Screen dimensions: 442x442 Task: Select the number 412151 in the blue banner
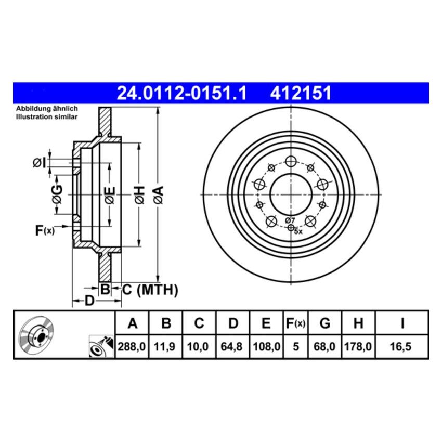coord(300,93)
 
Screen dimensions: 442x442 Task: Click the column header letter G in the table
coord(324,324)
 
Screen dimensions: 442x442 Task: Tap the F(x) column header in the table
coord(295,324)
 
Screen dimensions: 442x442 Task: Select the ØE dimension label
coord(109,195)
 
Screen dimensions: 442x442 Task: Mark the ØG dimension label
coord(57,194)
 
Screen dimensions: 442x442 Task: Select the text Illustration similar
coord(46,117)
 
